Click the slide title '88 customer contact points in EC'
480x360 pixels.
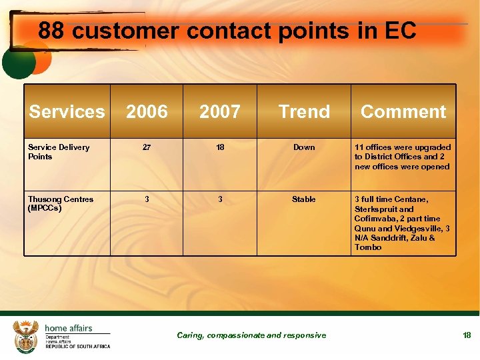227,31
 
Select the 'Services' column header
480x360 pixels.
67,111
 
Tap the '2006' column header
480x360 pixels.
147,111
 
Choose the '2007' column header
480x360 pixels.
220,111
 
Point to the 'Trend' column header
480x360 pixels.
304,111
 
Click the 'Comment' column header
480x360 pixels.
403,111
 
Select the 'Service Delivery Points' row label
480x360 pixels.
59,152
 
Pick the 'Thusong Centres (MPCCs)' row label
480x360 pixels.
61,203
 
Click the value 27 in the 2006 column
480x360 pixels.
147,147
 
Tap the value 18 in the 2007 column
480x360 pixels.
220,147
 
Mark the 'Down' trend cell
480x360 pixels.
304,147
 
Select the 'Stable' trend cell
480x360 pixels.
304,199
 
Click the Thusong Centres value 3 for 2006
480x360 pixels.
147,199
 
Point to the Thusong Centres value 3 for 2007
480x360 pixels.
220,199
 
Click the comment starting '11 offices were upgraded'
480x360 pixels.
403,157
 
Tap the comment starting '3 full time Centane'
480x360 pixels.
402,223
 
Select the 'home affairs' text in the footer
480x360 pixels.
69,328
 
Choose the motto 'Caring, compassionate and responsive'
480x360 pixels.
251,335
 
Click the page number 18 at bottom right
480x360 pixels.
467,335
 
